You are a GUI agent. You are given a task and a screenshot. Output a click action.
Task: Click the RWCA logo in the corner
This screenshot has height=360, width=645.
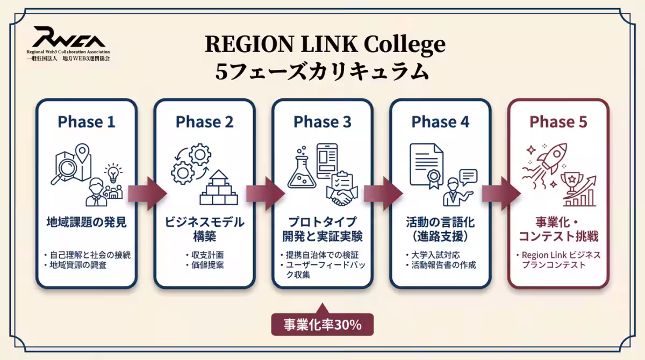[x=68, y=43]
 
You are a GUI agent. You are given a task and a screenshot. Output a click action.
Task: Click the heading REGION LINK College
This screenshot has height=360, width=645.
[x=325, y=44]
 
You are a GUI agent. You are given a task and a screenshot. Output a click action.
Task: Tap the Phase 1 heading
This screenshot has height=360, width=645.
[x=87, y=122]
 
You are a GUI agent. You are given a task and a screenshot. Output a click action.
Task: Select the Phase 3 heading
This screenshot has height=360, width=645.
[x=322, y=122]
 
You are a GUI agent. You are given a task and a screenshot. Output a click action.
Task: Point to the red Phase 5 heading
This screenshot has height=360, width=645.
[x=558, y=122]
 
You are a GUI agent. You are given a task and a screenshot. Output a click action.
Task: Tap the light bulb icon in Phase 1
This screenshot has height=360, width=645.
[x=113, y=172]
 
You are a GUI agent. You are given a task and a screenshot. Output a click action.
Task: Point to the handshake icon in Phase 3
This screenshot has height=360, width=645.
[x=342, y=196]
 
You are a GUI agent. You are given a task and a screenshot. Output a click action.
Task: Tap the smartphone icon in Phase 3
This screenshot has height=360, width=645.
[x=327, y=161]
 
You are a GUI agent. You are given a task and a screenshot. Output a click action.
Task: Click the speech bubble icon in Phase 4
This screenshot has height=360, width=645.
[x=469, y=177]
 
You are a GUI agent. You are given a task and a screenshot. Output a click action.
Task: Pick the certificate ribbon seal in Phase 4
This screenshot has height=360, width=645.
[x=434, y=178]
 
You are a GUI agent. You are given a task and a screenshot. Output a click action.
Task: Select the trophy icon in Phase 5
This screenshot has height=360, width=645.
[x=572, y=182]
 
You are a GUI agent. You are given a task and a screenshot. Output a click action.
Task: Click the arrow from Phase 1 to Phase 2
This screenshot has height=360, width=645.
[x=147, y=193]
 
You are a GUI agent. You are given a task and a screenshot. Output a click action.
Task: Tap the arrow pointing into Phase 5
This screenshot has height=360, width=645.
[x=501, y=193]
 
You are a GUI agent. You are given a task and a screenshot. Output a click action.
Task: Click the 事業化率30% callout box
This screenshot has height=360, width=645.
[x=322, y=325]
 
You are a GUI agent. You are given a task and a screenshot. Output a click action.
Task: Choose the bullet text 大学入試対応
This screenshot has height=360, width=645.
[x=436, y=255]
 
